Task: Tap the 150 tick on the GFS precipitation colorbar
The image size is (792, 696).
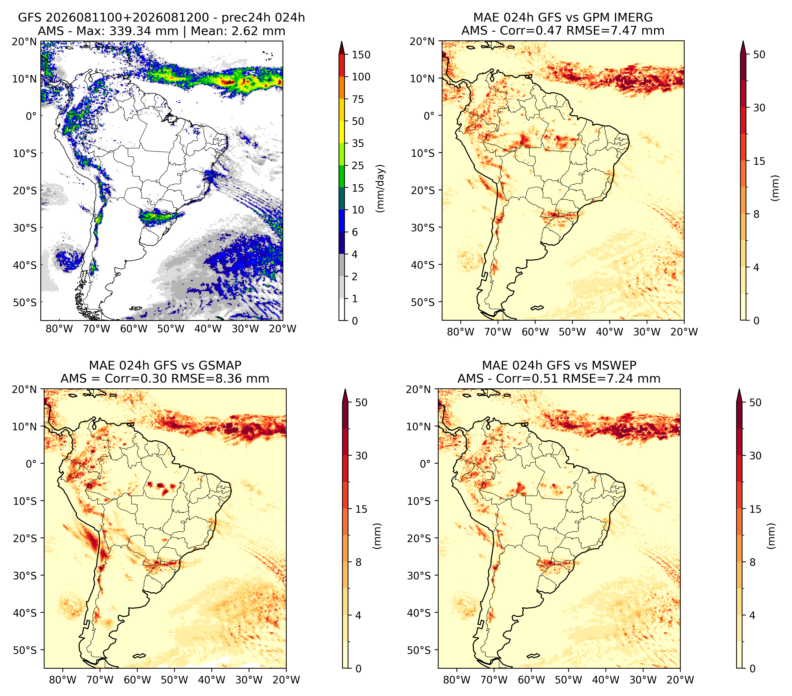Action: coord(361,55)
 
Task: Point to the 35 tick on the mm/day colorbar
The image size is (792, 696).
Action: coord(358,143)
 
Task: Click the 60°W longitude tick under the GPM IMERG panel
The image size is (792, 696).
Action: coord(536,332)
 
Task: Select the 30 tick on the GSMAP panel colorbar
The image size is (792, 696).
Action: coord(361,456)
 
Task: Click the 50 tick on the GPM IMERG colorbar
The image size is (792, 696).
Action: coord(759,55)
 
